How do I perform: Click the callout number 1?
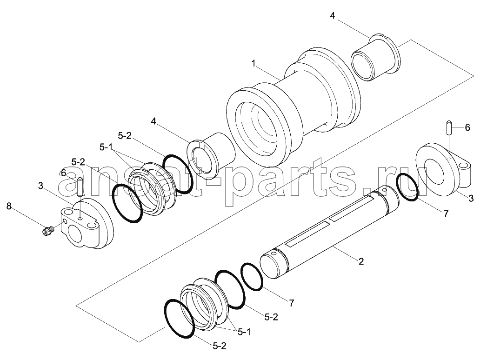point(254,64)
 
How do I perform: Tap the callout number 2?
point(360,261)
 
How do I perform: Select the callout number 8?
point(9,206)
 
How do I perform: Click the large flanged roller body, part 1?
point(294,106)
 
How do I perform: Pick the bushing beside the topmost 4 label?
point(375,57)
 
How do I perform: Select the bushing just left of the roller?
point(211,155)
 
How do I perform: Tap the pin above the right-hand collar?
point(448,127)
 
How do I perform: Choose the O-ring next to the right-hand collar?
point(407,187)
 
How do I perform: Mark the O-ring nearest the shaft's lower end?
point(252,277)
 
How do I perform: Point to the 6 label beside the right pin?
point(467,127)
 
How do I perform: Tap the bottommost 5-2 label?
point(220,346)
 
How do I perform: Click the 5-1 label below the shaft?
point(244,332)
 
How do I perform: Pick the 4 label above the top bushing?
point(332,15)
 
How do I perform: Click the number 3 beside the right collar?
point(471,199)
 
